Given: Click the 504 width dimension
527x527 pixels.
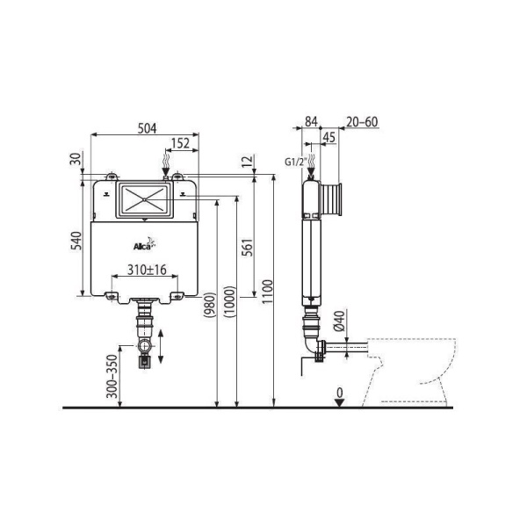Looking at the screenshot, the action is click(148, 128).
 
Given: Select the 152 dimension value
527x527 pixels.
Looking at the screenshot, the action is click(180, 143).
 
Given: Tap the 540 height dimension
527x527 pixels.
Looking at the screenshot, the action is click(76, 241).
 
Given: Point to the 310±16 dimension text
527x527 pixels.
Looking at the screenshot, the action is click(147, 270).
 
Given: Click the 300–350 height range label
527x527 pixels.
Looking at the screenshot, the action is click(112, 376).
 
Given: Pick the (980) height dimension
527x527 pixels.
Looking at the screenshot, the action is click(210, 305).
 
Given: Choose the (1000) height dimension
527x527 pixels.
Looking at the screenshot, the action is click(230, 302).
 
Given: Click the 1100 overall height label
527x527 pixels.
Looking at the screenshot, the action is click(267, 291).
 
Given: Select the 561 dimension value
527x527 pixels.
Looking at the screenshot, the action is click(248, 247).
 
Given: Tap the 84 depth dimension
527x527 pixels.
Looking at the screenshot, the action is click(311, 121).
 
